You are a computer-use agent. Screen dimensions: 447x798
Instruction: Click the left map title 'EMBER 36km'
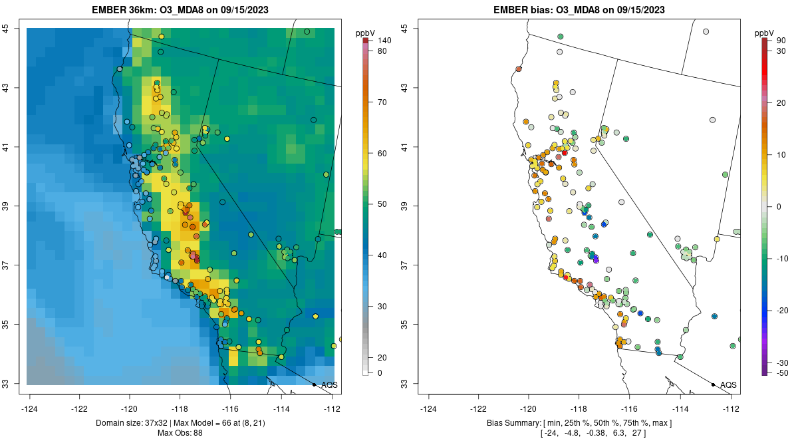tap(126, 10)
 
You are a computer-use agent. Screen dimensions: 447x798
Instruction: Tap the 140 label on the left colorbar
tap(384, 41)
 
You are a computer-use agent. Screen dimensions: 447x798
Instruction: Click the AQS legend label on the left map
tap(329, 384)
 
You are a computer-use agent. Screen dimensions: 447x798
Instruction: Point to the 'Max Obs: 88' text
tap(180, 433)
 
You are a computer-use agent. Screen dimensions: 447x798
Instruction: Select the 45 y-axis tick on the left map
tap(14, 29)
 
